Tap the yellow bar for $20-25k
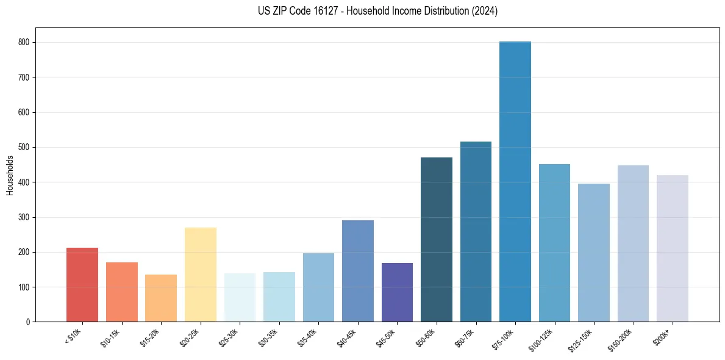coord(201,275)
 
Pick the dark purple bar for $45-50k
coord(397,292)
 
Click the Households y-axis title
coord(10,175)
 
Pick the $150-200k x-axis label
coord(620,338)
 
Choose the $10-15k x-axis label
coord(110,336)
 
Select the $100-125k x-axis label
coord(541,338)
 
